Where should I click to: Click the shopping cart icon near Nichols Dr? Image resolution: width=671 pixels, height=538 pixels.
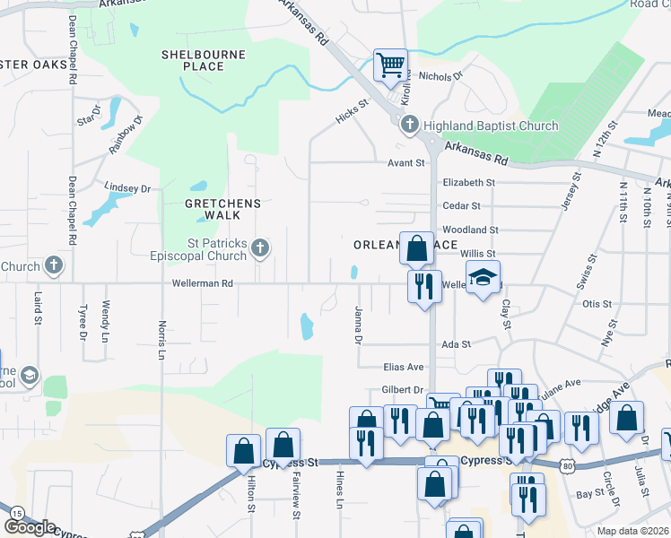(390, 65)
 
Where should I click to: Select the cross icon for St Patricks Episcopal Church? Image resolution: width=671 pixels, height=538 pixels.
(260, 247)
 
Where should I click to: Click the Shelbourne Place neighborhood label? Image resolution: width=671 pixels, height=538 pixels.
(192, 60)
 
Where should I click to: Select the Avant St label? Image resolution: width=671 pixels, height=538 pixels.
(406, 163)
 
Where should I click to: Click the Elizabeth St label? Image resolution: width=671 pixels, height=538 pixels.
(468, 182)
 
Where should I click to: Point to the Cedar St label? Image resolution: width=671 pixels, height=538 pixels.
(456, 205)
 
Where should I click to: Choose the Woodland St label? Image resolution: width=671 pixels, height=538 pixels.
(470, 230)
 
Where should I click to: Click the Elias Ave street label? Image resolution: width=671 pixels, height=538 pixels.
(403, 367)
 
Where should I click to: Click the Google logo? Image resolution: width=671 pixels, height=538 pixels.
(30, 527)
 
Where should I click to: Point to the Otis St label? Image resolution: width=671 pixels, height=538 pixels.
(597, 304)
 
